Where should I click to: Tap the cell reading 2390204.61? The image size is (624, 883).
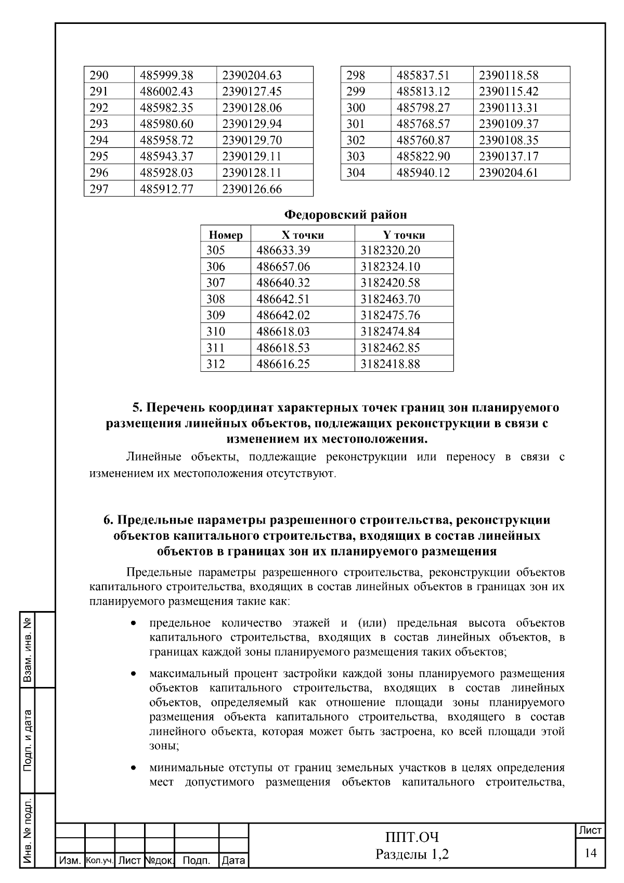pyautogui.click(x=508, y=173)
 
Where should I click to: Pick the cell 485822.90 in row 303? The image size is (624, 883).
pyautogui.click(x=423, y=157)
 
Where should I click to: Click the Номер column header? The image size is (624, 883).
pyautogui.click(x=225, y=235)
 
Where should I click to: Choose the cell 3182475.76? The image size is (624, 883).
pyautogui.click(x=390, y=316)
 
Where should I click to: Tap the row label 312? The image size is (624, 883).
pyautogui.click(x=215, y=364)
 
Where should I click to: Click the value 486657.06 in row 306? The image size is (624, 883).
pyautogui.click(x=283, y=267)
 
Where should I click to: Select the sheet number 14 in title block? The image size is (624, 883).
pyautogui.click(x=590, y=853)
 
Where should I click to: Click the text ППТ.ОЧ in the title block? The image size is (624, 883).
pyautogui.click(x=412, y=838)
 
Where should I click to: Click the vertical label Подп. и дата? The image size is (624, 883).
pyautogui.click(x=29, y=740)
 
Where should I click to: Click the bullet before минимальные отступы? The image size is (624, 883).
pyautogui.click(x=134, y=768)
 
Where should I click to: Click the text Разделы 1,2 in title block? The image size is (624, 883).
pyautogui.click(x=412, y=854)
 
